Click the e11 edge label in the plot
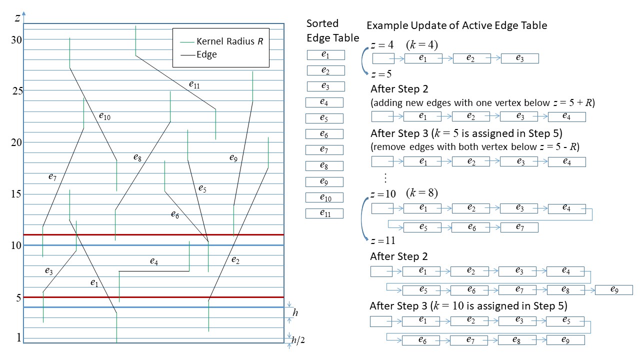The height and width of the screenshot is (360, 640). pos(194,85)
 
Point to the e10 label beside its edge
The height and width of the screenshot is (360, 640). pos(104,116)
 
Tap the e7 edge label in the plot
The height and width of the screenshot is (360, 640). pos(52,176)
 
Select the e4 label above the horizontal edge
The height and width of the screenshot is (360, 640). pos(154,260)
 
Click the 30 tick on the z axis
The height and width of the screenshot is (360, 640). pos(16,39)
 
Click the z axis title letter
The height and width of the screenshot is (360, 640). pos(17,18)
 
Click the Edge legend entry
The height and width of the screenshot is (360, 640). pos(206,54)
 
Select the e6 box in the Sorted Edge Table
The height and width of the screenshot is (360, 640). pos(324,134)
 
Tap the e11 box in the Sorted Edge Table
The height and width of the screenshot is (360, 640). pos(324,213)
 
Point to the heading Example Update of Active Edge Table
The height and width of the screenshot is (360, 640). pos(456,25)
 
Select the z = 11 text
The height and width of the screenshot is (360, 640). pos(383,240)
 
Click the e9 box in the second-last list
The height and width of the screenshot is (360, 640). pos(613,290)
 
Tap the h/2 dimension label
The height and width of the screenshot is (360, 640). pos(298,340)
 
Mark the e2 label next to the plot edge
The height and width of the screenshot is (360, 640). pos(235,260)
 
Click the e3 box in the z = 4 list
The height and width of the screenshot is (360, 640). pos(519,58)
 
